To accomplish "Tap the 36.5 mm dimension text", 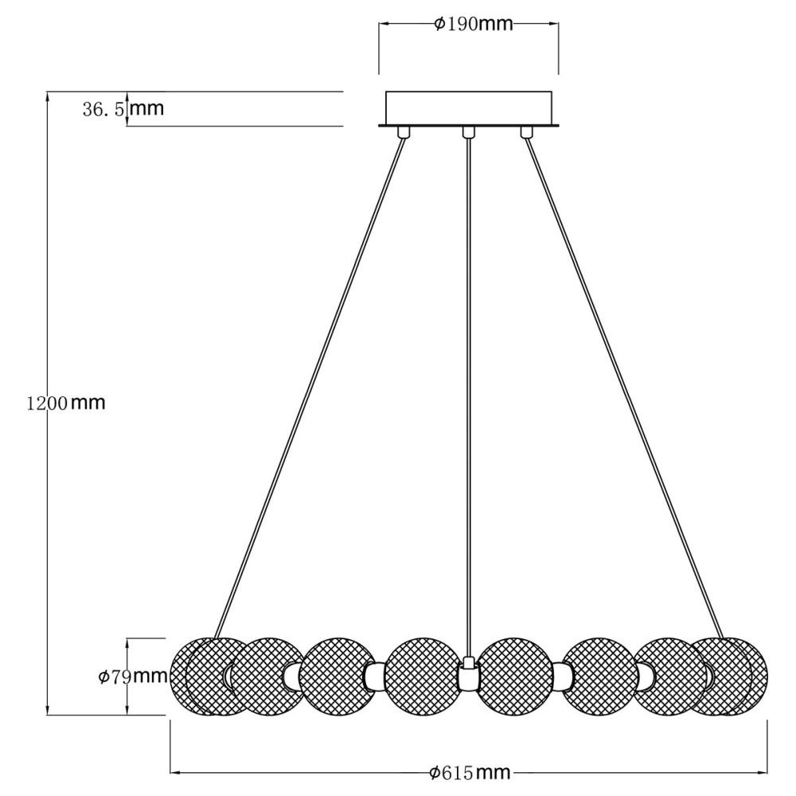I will [123, 108].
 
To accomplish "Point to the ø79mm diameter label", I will [132, 677].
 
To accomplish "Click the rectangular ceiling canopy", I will [469, 108].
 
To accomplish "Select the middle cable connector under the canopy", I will [469, 132].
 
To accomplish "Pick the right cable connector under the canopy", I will [525, 132].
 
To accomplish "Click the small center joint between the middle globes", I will [469, 677].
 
